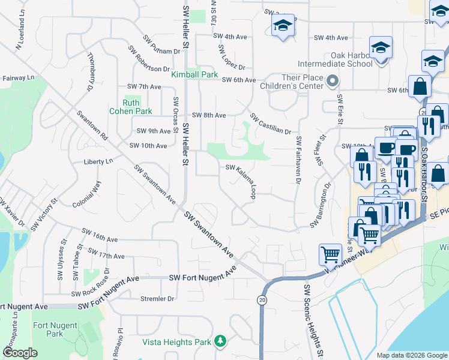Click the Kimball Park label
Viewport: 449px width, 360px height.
(194, 75)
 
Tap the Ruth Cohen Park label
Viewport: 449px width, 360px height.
(130, 107)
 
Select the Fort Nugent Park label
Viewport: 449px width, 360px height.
(48, 329)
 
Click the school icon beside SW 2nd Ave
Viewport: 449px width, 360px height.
(283, 26)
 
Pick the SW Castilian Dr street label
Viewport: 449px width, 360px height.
(270, 124)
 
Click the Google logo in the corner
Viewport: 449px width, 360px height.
(20, 353)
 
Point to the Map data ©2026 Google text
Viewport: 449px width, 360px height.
(412, 355)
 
